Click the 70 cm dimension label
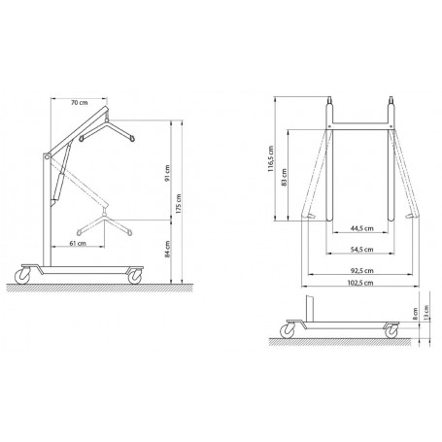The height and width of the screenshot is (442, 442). [80, 103]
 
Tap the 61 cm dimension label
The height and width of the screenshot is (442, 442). [78, 244]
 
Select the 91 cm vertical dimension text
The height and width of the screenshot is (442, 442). [167, 173]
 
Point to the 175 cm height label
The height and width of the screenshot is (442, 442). [179, 204]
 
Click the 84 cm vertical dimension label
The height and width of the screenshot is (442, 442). [167, 249]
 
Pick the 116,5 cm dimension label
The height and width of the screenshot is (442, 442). [271, 158]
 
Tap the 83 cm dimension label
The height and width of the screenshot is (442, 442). [284, 177]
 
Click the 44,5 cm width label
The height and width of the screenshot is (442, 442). [361, 228]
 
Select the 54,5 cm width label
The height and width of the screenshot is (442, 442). [361, 250]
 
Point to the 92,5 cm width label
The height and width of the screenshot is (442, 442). [361, 270]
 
